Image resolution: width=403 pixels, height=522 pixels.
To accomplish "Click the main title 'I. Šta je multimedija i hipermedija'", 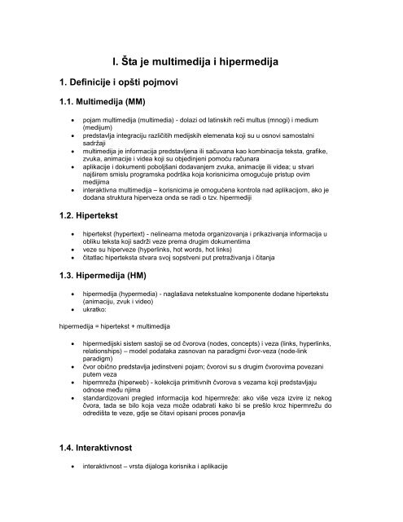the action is [202, 58].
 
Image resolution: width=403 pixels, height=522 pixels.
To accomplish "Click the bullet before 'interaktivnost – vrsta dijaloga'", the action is [74, 467].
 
